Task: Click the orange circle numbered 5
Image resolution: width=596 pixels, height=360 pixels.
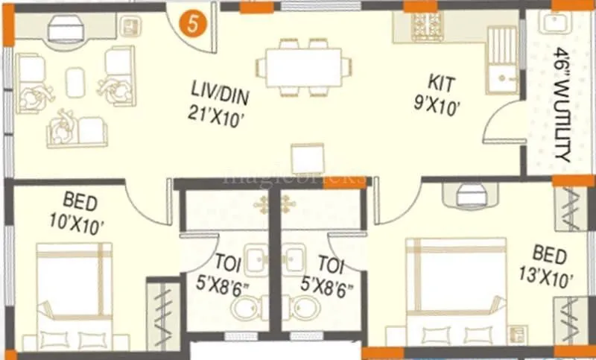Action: (193, 24)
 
